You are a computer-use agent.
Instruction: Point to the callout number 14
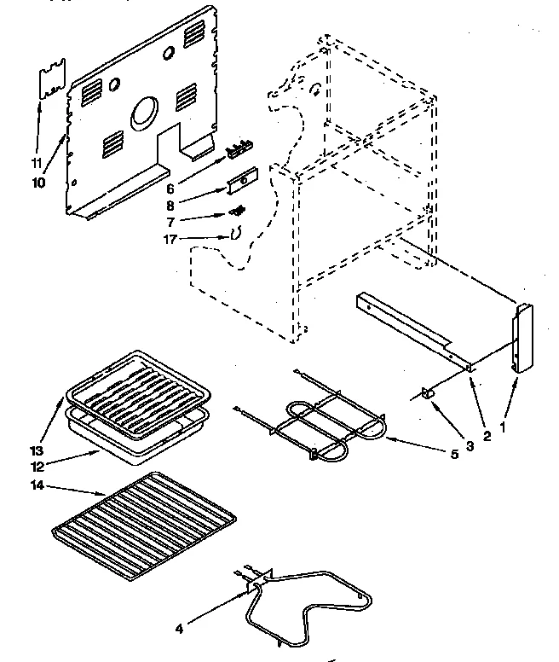tap(41, 486)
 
